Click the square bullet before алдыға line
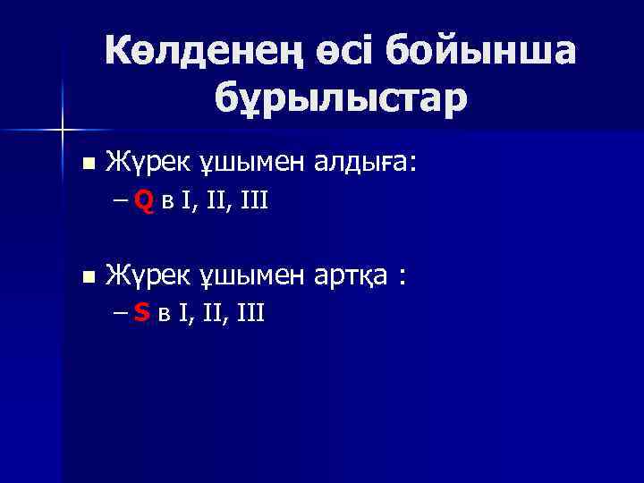pyautogui.click(x=87, y=163)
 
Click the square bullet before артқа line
pyautogui.click(x=87, y=277)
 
